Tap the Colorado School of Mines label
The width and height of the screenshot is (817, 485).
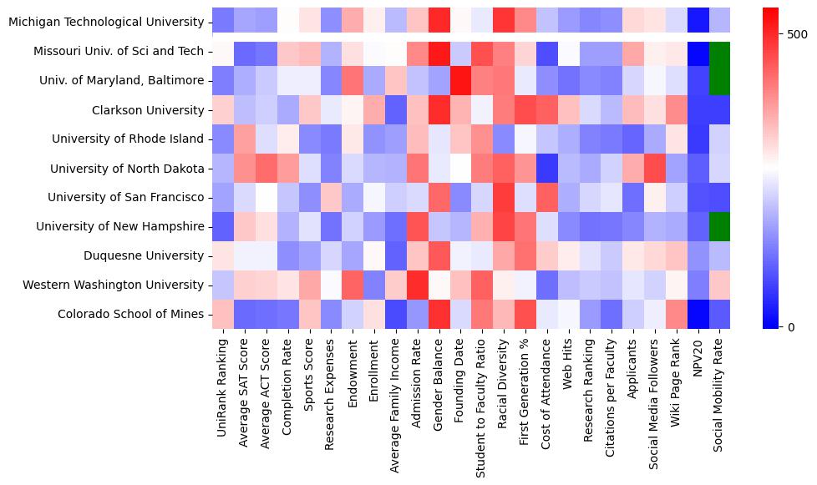[130, 315]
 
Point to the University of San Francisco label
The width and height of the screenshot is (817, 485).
[125, 198]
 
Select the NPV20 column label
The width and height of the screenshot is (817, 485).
[700, 359]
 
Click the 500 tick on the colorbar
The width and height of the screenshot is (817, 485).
[797, 34]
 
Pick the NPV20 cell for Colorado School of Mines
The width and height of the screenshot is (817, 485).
[700, 315]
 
